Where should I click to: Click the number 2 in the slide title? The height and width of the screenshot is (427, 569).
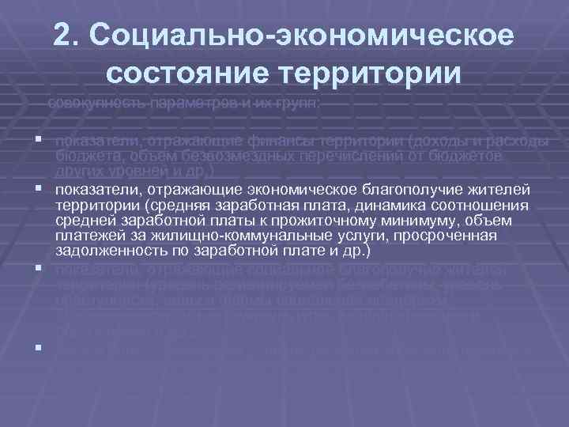[65, 36]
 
